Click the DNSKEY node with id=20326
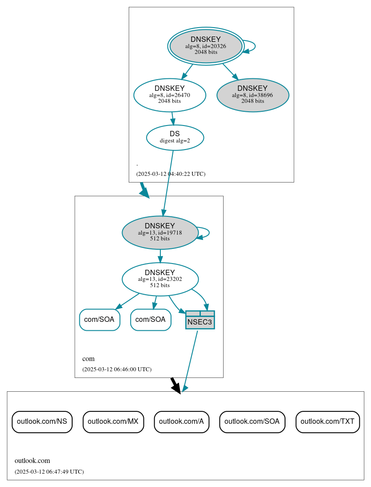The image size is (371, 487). (x=206, y=46)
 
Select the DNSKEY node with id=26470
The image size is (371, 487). (x=170, y=95)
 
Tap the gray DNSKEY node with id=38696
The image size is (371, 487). (x=253, y=95)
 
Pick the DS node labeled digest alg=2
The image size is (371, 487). (x=175, y=137)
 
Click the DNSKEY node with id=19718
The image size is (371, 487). (x=160, y=232)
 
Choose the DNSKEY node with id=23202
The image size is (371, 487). (x=160, y=279)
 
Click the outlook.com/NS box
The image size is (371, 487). (x=42, y=422)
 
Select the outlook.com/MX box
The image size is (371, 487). (x=113, y=422)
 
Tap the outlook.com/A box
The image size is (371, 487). (x=181, y=422)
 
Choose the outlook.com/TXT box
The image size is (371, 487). (x=327, y=422)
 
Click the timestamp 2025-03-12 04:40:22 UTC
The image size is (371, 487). (x=171, y=174)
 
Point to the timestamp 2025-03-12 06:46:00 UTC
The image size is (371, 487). (x=117, y=369)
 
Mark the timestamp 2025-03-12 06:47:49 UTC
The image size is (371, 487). (x=49, y=472)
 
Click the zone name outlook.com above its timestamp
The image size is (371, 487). (x=32, y=461)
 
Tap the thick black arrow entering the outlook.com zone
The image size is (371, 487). (x=175, y=385)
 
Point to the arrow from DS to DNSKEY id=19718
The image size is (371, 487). (x=168, y=183)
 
